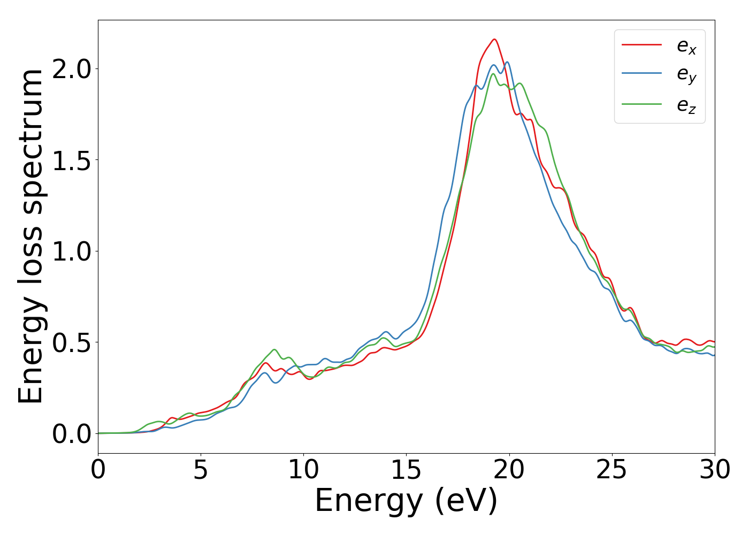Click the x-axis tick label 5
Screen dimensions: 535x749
tap(201, 471)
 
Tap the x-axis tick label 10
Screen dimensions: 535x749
tap(303, 471)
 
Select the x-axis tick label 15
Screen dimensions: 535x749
tap(406, 471)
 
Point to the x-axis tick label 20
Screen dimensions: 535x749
tap(509, 471)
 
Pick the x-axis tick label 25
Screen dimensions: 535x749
tap(612, 471)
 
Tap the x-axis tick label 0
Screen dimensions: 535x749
tap(98, 471)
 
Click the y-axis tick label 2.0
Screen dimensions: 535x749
tap(71, 70)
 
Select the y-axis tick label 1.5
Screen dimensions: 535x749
tap(71, 160)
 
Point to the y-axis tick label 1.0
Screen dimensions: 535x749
tap(71, 251)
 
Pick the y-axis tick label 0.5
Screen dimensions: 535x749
tap(71, 343)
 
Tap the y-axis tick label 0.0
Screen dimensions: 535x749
tap(71, 434)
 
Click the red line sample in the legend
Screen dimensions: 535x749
tap(641, 45)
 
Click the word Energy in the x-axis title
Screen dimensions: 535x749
tap(368, 502)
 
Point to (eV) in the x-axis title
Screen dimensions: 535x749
tap(466, 502)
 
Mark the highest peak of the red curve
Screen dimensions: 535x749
tap(494, 39)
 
